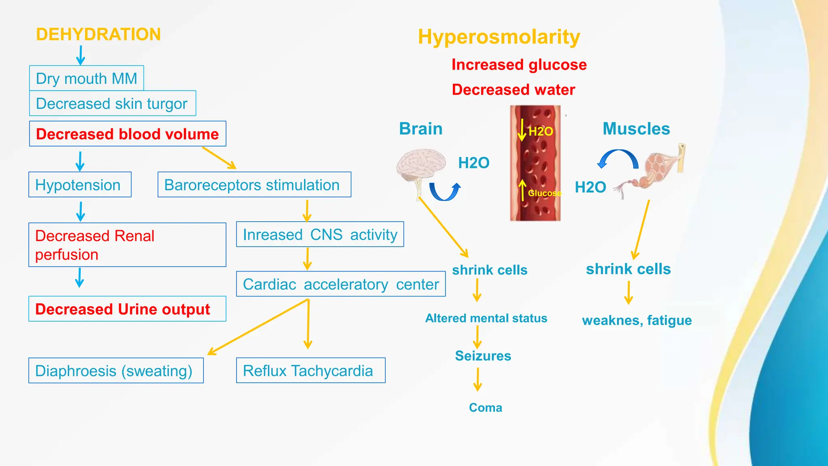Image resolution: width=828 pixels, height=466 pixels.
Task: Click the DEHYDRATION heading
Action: [x=98, y=35]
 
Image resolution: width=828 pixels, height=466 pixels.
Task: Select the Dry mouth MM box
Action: [x=87, y=78]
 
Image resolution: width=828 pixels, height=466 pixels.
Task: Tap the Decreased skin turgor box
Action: [x=112, y=104]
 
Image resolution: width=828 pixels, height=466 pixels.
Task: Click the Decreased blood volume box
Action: [x=127, y=134]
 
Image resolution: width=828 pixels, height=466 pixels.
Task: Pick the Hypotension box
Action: [x=80, y=185]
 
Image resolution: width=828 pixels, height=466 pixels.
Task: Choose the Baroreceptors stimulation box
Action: [x=254, y=185]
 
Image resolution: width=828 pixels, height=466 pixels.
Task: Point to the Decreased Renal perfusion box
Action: [x=127, y=245]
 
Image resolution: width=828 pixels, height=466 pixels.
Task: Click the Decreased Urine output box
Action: [x=127, y=309]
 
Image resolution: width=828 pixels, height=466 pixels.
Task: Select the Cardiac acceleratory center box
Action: [x=340, y=284]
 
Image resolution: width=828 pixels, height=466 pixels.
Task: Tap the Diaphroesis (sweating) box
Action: [x=116, y=371]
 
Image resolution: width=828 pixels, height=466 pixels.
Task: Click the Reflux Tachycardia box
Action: [x=310, y=371]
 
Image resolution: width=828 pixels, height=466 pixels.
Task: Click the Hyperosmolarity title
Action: [x=499, y=37]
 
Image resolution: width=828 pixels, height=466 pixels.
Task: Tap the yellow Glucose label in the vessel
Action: [x=544, y=193]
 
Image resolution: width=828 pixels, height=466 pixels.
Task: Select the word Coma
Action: [x=485, y=408]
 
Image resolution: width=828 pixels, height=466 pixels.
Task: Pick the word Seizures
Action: [x=483, y=356]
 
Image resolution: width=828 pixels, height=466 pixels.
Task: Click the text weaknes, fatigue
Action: [x=637, y=320]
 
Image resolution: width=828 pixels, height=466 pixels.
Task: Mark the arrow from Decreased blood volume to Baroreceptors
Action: [x=219, y=158]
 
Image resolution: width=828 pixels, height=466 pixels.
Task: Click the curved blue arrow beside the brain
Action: [x=445, y=192]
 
